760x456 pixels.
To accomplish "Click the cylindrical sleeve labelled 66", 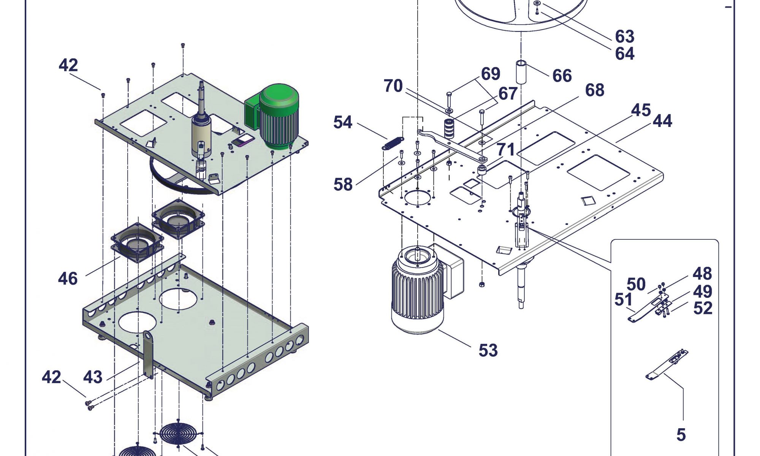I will [521, 71].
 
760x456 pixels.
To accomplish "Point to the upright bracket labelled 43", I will [148, 353].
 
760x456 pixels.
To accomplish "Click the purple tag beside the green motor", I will [243, 141].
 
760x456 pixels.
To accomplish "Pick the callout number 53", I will [488, 350].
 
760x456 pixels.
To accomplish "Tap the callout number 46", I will [68, 279].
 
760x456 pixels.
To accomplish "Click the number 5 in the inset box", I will [681, 435].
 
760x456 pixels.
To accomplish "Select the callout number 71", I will [506, 149].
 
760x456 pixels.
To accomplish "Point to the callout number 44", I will [663, 121].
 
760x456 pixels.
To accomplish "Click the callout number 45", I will [641, 110].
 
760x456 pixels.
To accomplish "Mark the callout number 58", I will [343, 185].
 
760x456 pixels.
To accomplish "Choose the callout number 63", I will [625, 36].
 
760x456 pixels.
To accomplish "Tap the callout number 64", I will [625, 54].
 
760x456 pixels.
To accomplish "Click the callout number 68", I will [595, 90].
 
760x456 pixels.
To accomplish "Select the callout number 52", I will [703, 308].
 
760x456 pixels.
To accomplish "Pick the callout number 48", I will [702, 274].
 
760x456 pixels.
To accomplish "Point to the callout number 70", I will [393, 86].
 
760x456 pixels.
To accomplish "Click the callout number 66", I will [562, 76].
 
